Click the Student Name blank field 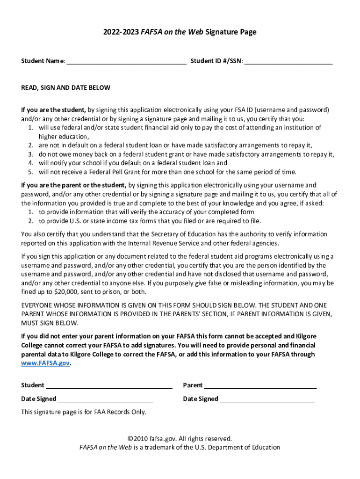pyautogui.click(x=126, y=61)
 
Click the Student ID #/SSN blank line pyautogui.click(x=288, y=61)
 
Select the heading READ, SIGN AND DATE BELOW pyautogui.click(x=66, y=87)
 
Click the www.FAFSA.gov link pyautogui.click(x=45, y=363)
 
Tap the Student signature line pyautogui.click(x=109, y=386)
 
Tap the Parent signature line pyautogui.click(x=260, y=386)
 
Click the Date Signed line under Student pyautogui.click(x=105, y=399)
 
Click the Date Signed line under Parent pyautogui.click(x=267, y=399)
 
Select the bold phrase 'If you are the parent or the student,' pyautogui.click(x=74, y=185)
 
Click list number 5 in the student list pyautogui.click(x=30, y=172)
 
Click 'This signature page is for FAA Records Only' pyautogui.click(x=84, y=412)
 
